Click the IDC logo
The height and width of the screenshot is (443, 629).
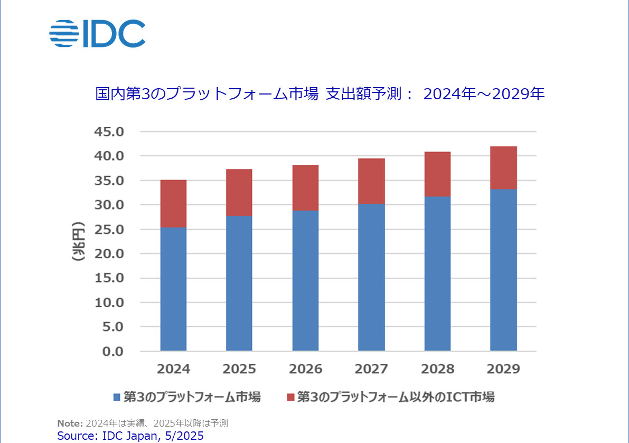tap(97, 33)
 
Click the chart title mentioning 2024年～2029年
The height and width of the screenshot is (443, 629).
tap(320, 95)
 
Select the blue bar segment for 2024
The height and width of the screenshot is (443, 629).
tap(173, 289)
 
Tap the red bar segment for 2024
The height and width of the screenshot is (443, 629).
tap(173, 204)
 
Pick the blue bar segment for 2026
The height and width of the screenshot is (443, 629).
tap(305, 280)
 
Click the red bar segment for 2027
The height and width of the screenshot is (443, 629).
tap(371, 181)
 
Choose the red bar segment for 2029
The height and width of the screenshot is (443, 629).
tap(503, 168)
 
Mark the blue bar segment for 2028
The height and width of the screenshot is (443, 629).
tap(437, 274)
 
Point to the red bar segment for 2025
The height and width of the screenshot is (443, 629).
tap(239, 193)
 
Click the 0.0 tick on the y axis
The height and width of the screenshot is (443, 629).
tap(112, 351)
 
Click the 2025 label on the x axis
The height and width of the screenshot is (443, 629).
tap(239, 369)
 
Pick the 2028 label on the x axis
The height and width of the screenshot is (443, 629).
tap(437, 369)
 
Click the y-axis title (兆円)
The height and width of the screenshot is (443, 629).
tap(79, 241)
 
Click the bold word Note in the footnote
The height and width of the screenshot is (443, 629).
tap(70, 423)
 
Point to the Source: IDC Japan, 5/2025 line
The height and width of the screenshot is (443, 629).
tap(130, 436)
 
